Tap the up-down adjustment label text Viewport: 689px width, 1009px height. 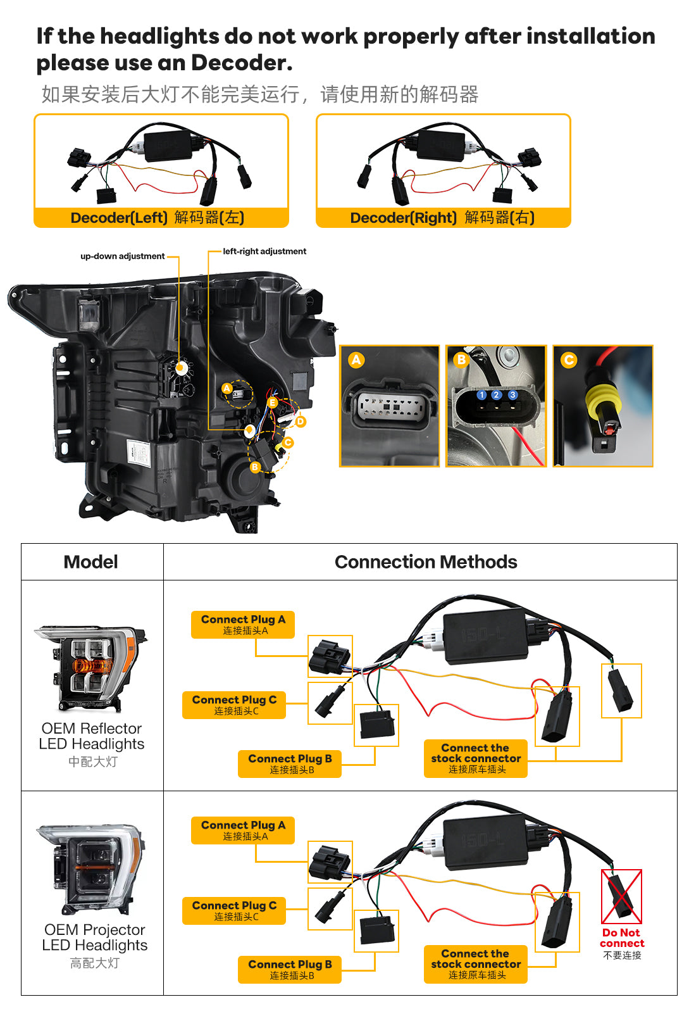(x=123, y=256)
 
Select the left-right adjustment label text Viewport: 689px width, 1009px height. (x=264, y=251)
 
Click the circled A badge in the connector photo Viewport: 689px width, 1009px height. (x=356, y=360)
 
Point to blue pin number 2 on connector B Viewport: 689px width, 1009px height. (x=496, y=395)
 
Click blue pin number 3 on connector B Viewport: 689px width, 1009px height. (x=512, y=395)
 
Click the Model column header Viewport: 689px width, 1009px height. (x=91, y=562)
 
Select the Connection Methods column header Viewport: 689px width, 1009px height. (x=426, y=562)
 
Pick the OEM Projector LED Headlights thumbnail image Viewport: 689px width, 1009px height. (x=91, y=869)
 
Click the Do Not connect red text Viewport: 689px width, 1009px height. (x=622, y=938)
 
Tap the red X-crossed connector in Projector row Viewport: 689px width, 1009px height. (x=621, y=896)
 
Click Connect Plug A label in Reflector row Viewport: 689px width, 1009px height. (x=243, y=625)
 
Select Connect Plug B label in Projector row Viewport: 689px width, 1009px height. (x=290, y=969)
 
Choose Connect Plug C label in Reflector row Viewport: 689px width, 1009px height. (x=233, y=705)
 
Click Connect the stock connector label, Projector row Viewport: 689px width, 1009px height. (x=476, y=964)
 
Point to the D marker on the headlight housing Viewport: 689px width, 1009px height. (x=301, y=422)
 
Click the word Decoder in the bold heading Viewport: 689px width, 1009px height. (x=242, y=63)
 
